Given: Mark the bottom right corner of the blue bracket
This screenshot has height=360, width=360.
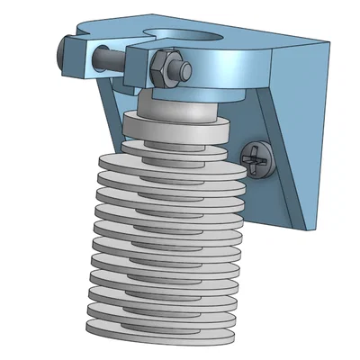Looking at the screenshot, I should pyautogui.click(x=314, y=227).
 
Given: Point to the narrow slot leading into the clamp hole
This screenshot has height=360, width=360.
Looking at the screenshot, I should pyautogui.click(x=153, y=37).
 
